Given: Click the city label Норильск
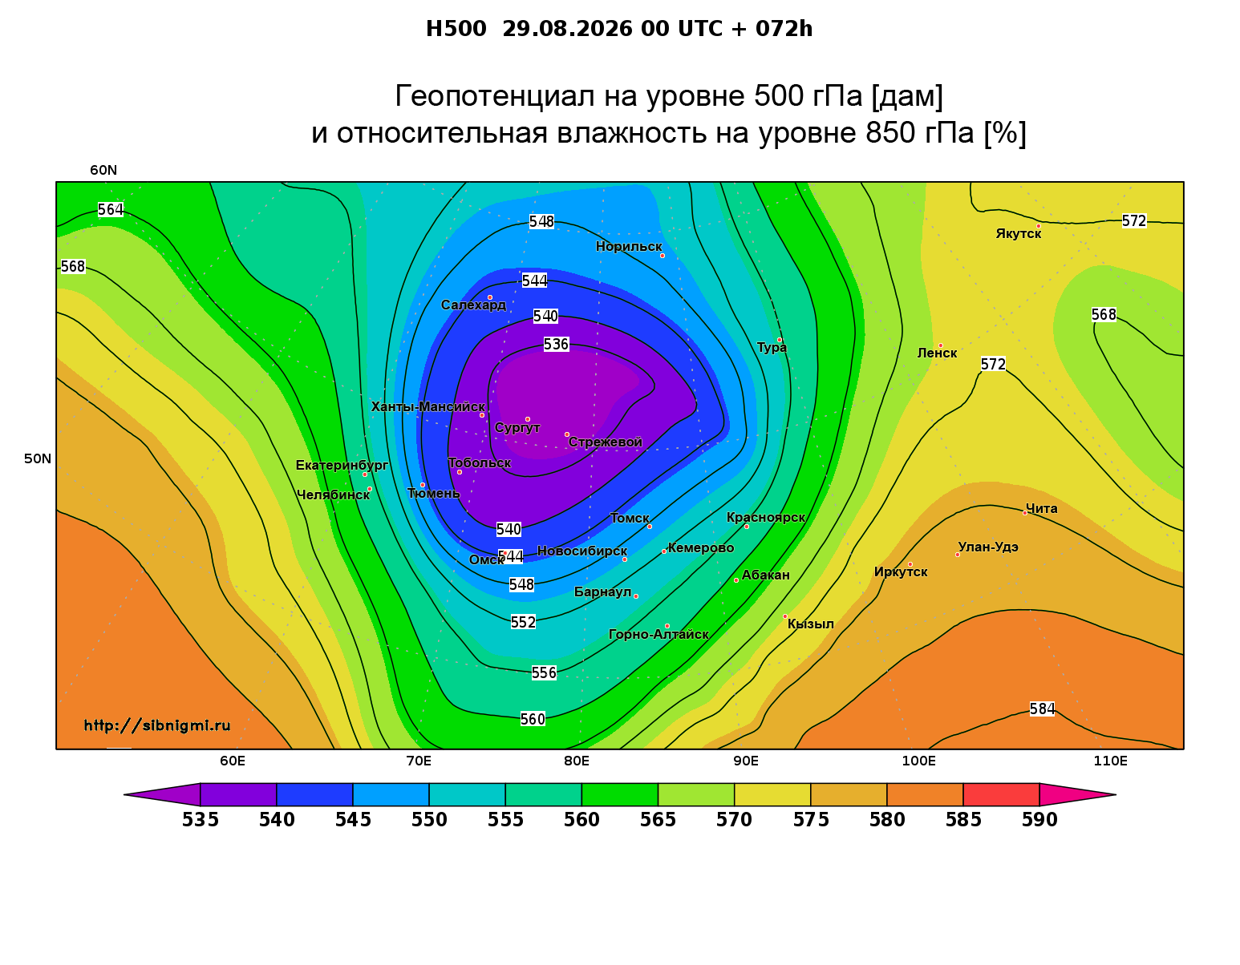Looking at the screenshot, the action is [x=628, y=246].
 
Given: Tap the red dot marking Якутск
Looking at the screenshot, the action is [x=1038, y=226].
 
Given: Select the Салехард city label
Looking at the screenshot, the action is [x=473, y=305].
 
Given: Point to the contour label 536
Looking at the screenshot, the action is [x=556, y=345].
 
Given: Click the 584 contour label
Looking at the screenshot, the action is [x=1042, y=709].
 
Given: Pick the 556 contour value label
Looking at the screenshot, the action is [x=544, y=672].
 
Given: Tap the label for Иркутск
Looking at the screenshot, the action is [x=901, y=571].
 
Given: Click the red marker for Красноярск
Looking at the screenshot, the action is [x=747, y=527].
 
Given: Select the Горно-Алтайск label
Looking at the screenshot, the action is [x=658, y=634].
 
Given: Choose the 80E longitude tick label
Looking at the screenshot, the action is [x=577, y=761].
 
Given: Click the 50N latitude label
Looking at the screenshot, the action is [x=38, y=458].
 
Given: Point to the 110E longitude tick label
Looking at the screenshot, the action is [x=1110, y=761].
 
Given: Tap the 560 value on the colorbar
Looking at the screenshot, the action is [x=582, y=820].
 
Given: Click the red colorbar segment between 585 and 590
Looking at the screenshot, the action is [x=1001, y=794].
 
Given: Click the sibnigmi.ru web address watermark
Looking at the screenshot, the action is [x=157, y=725].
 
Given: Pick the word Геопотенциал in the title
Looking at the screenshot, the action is [x=495, y=95].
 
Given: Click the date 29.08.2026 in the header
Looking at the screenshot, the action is [x=567, y=29].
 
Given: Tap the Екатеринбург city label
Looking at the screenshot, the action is [x=342, y=465].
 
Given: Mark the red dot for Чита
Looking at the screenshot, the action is [x=1025, y=513].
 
